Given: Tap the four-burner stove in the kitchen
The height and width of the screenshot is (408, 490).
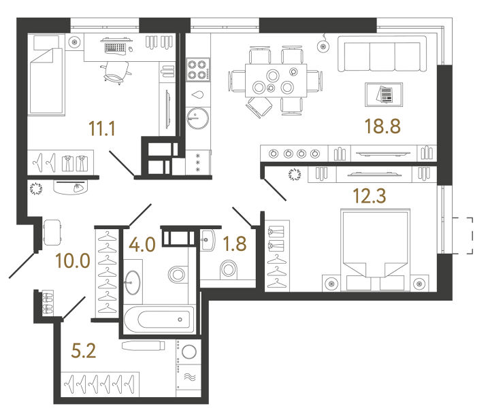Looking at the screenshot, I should click(x=197, y=70).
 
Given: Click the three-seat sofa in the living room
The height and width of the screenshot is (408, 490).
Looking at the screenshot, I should click(x=380, y=53).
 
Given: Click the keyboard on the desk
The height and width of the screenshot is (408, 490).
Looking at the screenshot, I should click(x=117, y=47).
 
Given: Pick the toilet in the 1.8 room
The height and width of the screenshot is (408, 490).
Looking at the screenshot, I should click(x=229, y=270).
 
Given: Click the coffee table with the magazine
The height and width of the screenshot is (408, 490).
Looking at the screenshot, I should click(x=384, y=94).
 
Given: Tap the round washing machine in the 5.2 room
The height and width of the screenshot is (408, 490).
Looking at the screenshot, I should click(x=189, y=352).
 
